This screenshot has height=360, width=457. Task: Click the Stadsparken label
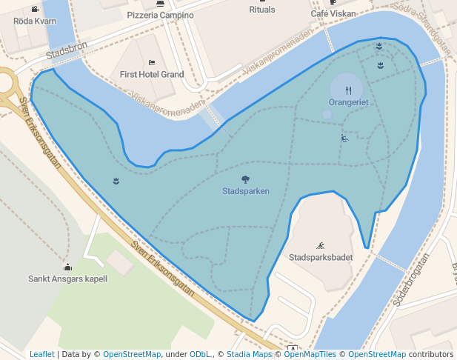tap(245, 191)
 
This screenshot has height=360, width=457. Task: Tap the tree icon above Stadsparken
tap(245, 179)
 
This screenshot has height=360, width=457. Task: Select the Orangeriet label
tap(348, 102)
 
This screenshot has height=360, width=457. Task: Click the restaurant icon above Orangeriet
tap(348, 90)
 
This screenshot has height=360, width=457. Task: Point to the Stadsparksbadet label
tap(321, 258)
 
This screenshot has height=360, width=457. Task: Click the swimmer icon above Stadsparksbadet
tap(321, 245)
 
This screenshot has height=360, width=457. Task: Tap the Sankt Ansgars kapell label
tap(67, 279)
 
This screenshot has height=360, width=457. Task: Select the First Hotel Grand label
tap(152, 74)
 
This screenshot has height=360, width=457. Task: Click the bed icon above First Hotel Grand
tap(152, 62)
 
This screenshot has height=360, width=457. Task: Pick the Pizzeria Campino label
tap(160, 15)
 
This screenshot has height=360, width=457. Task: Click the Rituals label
tap(262, 10)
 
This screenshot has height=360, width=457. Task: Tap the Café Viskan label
tap(333, 13)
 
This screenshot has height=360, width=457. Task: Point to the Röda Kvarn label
tap(35, 21)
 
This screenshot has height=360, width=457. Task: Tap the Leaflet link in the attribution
tap(42, 355)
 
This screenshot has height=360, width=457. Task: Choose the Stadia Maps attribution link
tap(249, 355)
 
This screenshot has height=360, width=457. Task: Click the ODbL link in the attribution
tap(199, 355)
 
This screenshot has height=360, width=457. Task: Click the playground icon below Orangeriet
tap(344, 138)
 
